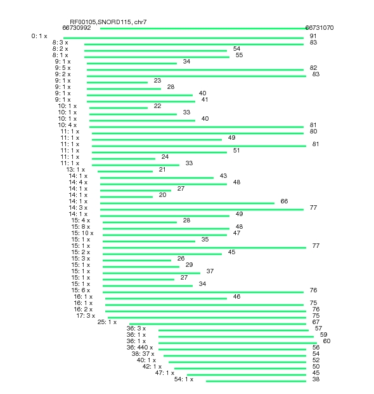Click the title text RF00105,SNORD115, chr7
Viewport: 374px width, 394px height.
108,22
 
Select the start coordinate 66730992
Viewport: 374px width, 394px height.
77,27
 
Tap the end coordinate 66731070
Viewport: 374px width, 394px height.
319,27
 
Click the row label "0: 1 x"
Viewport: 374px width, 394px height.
39,36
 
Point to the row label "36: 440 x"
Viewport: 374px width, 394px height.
139,348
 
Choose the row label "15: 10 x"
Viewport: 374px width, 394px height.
82,233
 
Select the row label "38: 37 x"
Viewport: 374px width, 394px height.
143,354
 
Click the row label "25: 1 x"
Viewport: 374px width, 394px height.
107,322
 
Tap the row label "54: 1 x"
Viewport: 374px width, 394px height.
184,379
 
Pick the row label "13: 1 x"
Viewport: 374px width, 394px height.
75,170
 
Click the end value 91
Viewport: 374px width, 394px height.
313,36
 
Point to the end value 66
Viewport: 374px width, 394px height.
284,201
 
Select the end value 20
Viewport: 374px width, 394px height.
162,195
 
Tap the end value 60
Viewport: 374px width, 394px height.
326,341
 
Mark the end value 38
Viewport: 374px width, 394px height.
316,379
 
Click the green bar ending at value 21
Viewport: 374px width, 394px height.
125,172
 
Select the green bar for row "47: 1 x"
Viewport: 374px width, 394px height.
247,375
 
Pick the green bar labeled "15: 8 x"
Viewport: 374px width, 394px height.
166,229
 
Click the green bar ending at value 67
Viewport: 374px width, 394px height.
217,324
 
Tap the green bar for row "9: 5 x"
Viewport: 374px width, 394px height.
195,70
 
